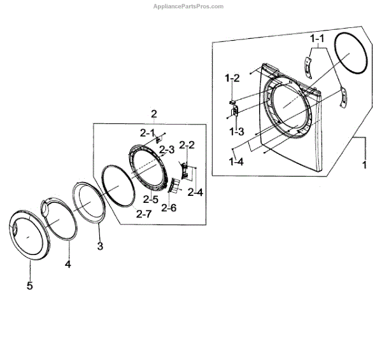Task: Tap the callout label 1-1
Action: point(317,38)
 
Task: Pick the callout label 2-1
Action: point(148,132)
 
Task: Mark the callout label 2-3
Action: point(167,150)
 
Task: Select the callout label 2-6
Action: point(169,207)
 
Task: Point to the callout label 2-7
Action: point(143,214)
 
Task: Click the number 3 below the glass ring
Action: point(100,246)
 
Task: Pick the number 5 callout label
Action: point(29,286)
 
